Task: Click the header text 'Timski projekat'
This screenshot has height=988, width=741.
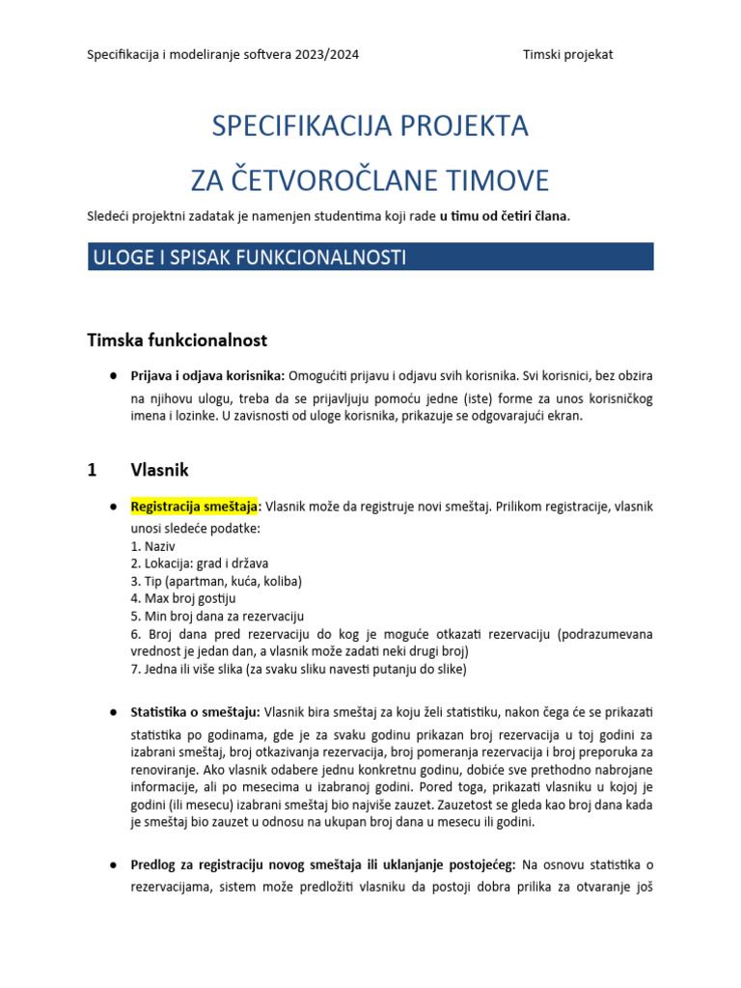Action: click(567, 54)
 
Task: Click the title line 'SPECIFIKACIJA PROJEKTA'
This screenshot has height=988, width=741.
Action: click(370, 126)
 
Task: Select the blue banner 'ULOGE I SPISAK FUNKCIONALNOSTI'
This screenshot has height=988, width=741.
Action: click(370, 257)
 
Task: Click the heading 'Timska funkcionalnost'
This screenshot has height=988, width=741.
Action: click(177, 340)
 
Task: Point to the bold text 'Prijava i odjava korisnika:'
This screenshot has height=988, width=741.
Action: click(206, 374)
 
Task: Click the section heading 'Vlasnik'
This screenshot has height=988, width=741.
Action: click(159, 470)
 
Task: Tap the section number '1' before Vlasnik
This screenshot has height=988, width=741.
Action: click(92, 470)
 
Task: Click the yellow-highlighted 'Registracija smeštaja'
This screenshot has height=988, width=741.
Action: click(194, 506)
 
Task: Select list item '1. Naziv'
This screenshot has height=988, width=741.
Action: click(152, 546)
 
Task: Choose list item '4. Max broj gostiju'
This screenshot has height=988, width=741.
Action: click(182, 598)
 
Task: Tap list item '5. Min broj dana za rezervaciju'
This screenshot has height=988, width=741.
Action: click(217, 616)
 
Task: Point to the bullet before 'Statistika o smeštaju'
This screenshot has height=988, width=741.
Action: click(113, 712)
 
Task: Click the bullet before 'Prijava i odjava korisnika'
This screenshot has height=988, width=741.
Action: click(113, 374)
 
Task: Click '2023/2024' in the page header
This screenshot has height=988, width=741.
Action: click(328, 54)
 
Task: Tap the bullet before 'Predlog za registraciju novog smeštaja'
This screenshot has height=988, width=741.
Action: click(113, 864)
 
